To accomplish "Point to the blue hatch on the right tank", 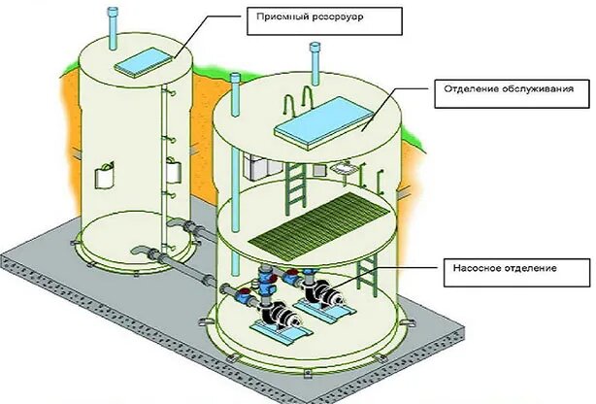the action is pyautogui.click(x=323, y=118).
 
